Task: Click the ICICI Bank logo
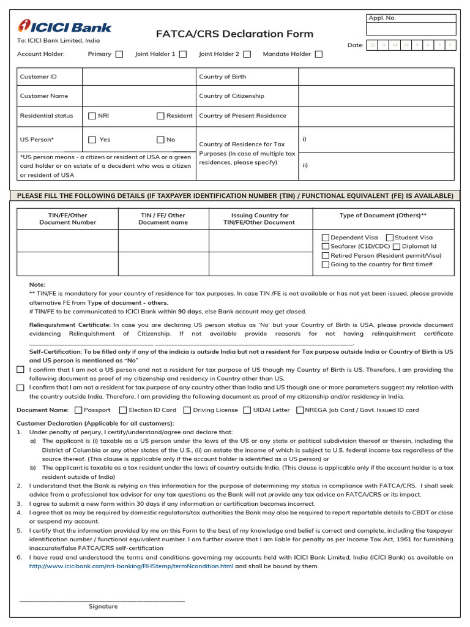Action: click(65, 27)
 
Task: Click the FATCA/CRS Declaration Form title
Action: click(234, 34)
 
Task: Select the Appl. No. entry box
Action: click(411, 29)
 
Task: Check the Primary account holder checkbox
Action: click(119, 54)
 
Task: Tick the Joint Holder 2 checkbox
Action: click(247, 54)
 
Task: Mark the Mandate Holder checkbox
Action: click(319, 54)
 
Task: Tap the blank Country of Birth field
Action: click(376, 77)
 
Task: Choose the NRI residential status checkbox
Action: click(92, 116)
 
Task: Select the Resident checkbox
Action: click(161, 116)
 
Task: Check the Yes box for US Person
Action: click(92, 140)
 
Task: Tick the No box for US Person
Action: click(161, 140)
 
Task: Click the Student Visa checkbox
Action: click(390, 238)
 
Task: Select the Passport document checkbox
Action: click(79, 410)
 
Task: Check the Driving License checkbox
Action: click(188, 410)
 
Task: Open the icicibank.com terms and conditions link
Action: click(132, 566)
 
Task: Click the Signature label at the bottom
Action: click(103, 607)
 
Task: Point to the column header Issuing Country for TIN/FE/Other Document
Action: click(260, 219)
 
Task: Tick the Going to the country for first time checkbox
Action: click(326, 265)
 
